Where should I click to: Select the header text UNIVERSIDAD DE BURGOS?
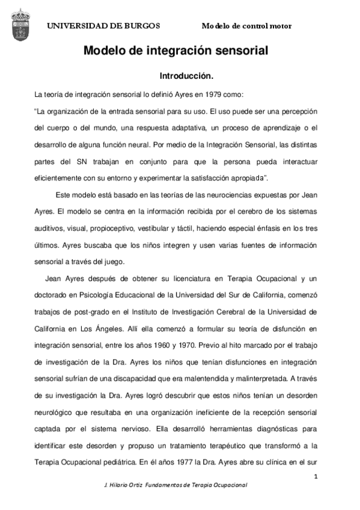103,26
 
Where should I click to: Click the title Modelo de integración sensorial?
175,52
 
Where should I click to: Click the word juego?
114,262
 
